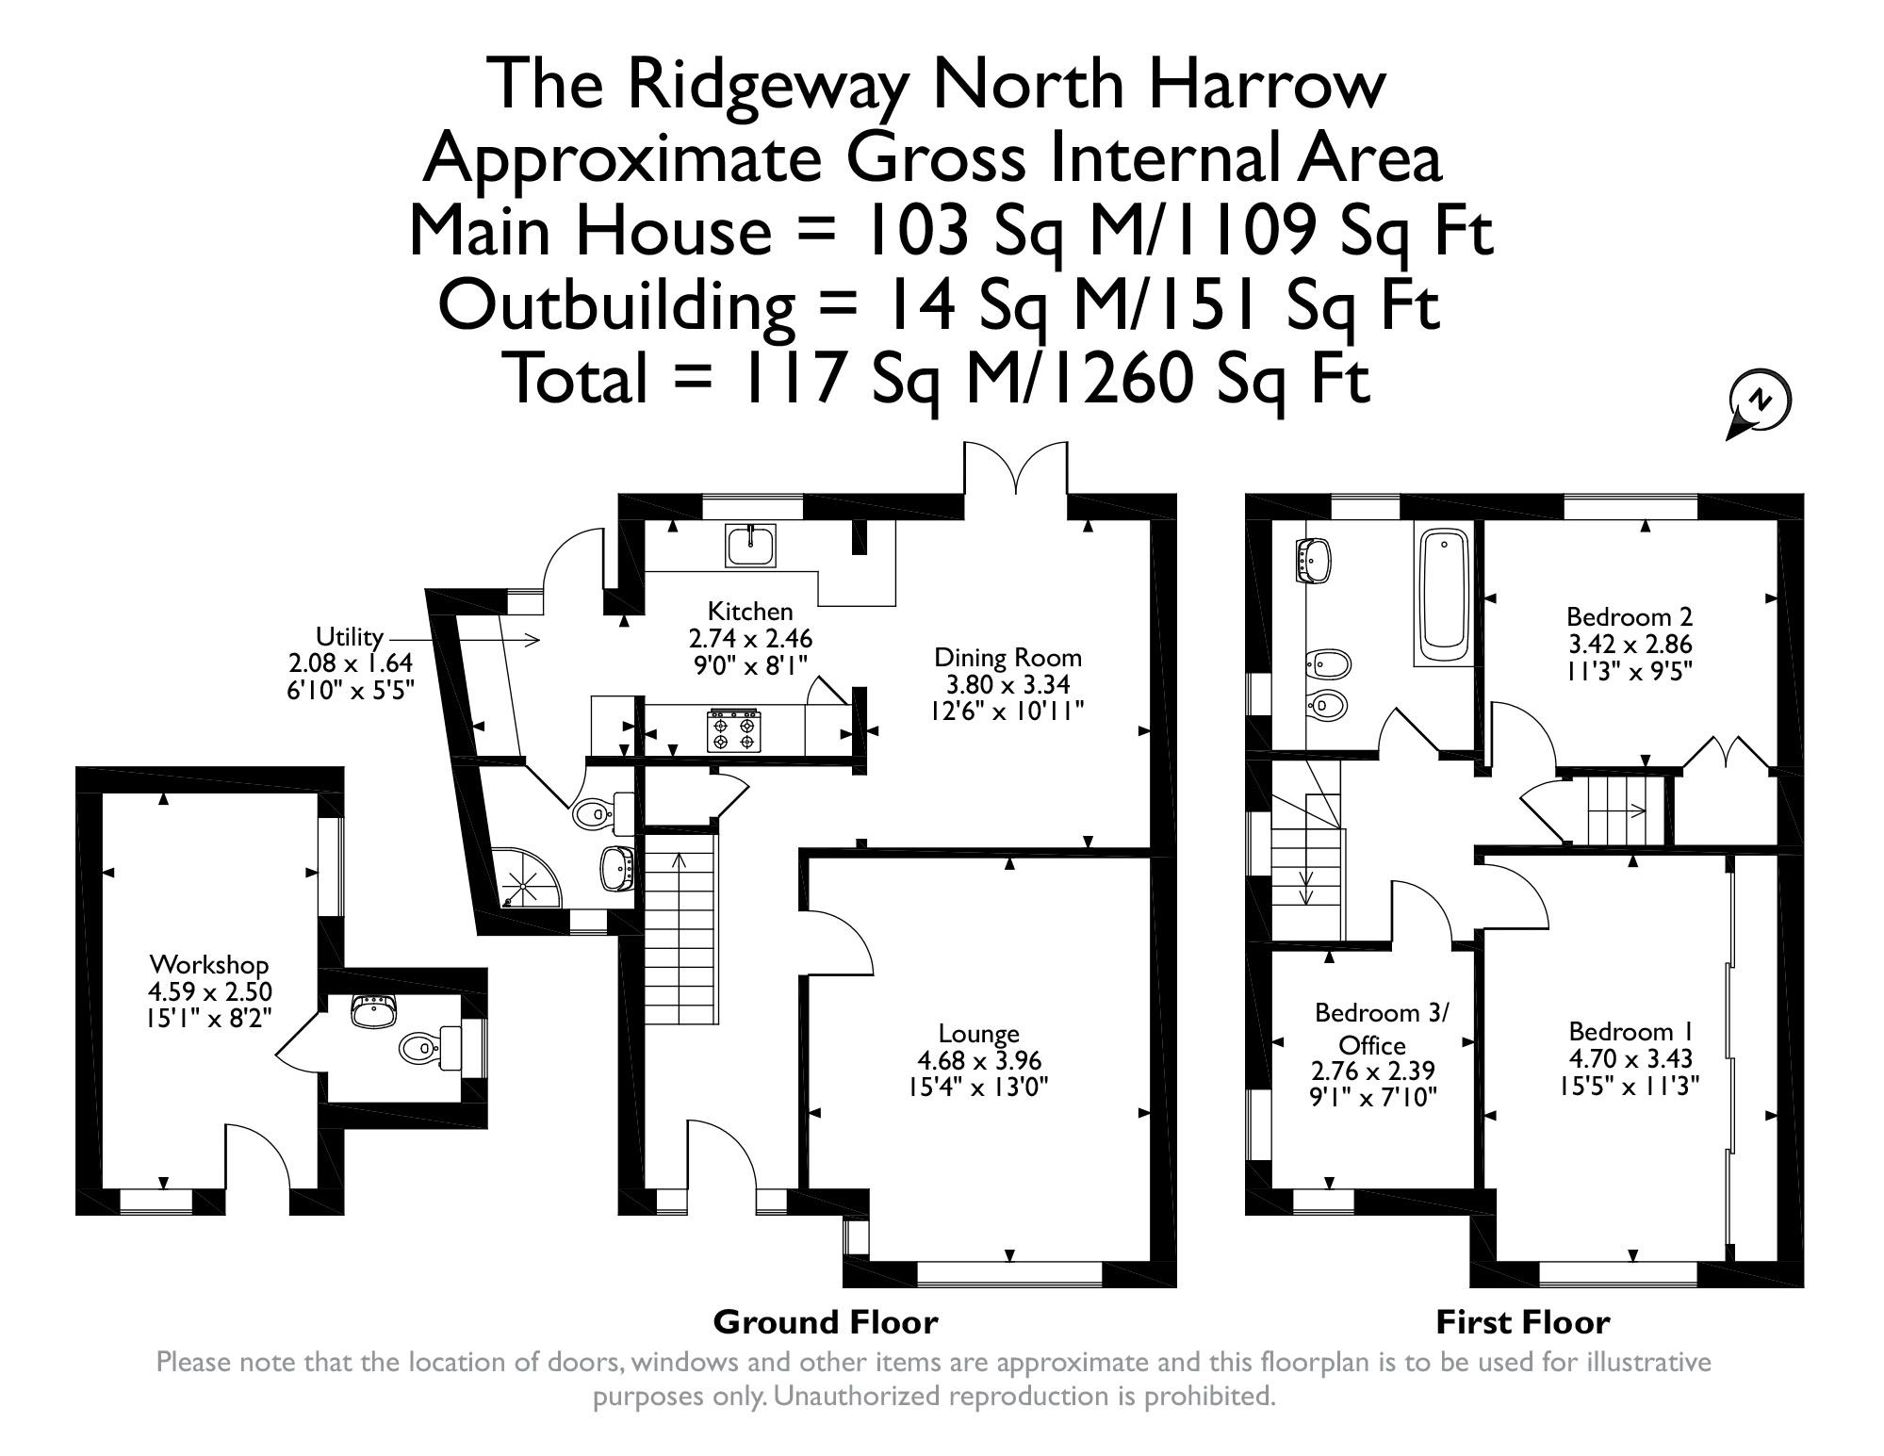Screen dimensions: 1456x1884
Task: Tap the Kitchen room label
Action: [x=750, y=611]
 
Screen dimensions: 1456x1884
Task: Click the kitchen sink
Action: [x=750, y=546]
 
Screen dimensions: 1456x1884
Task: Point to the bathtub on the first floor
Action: [x=1443, y=596]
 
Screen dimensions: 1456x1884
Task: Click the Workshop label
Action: [x=209, y=965]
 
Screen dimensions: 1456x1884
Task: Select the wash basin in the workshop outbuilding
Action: [x=374, y=1012]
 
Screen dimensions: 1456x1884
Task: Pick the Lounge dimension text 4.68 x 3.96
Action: [x=979, y=1060]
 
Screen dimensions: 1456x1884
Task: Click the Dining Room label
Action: [x=1008, y=657]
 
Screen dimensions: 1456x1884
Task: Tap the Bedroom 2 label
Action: [x=1630, y=617]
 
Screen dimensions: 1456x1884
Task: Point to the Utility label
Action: [x=350, y=635]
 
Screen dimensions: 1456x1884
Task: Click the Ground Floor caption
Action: [x=826, y=1322]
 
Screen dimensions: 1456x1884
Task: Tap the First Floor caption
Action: [x=1522, y=1322]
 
